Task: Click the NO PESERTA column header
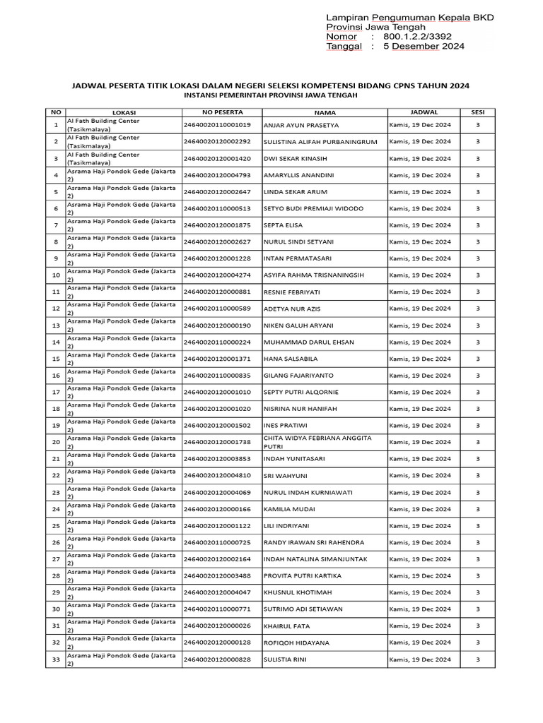pyautogui.click(x=222, y=112)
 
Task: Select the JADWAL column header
pyautogui.click(x=424, y=112)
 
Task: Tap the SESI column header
pyautogui.click(x=477, y=112)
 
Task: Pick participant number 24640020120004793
pyautogui.click(x=217, y=175)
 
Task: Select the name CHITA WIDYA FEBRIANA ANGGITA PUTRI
pyautogui.click(x=317, y=442)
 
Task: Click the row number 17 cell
pyautogui.click(x=55, y=392)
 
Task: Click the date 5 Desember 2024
pyautogui.click(x=424, y=47)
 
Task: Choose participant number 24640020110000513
pyautogui.click(x=217, y=208)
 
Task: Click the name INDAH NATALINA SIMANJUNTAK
pyautogui.click(x=314, y=559)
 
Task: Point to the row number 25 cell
pyautogui.click(x=55, y=526)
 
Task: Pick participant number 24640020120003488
pyautogui.click(x=217, y=576)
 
